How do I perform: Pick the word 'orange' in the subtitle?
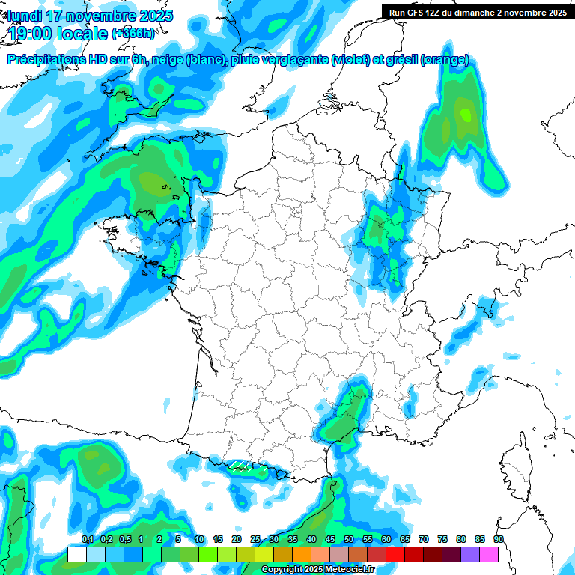click(445, 61)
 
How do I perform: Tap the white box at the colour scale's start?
click(76, 554)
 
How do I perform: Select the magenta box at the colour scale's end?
click(489, 554)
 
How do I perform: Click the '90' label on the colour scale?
click(499, 540)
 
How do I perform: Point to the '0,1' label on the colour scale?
click(87, 540)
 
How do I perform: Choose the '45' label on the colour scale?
click(330, 540)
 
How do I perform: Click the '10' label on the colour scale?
click(199, 540)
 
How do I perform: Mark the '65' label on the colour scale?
click(405, 540)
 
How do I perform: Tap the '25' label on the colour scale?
click(255, 540)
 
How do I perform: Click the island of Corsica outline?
click(514, 464)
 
